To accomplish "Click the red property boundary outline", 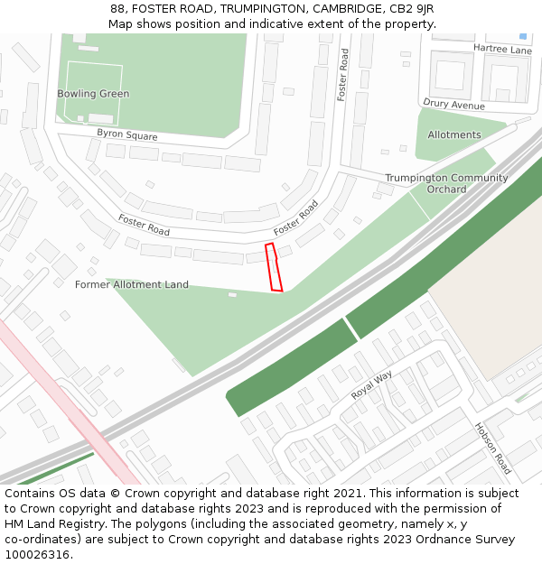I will pyautogui.click(x=274, y=267).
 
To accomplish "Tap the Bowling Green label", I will pyautogui.click(x=93, y=94).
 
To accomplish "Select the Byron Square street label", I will pyautogui.click(x=127, y=135).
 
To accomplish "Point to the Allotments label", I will pyautogui.click(x=454, y=135).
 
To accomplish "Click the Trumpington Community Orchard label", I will pyautogui.click(x=446, y=183).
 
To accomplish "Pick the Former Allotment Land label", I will pyautogui.click(x=132, y=285).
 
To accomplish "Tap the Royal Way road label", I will pyautogui.click(x=372, y=385).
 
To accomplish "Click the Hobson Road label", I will pyautogui.click(x=493, y=448).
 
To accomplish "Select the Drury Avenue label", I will pyautogui.click(x=453, y=106).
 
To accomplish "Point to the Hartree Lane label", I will pyautogui.click(x=502, y=50).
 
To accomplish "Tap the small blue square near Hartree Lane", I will pyautogui.click(x=523, y=36).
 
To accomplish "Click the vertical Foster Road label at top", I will pyautogui.click(x=343, y=74).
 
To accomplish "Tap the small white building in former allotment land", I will pyautogui.click(x=232, y=294).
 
